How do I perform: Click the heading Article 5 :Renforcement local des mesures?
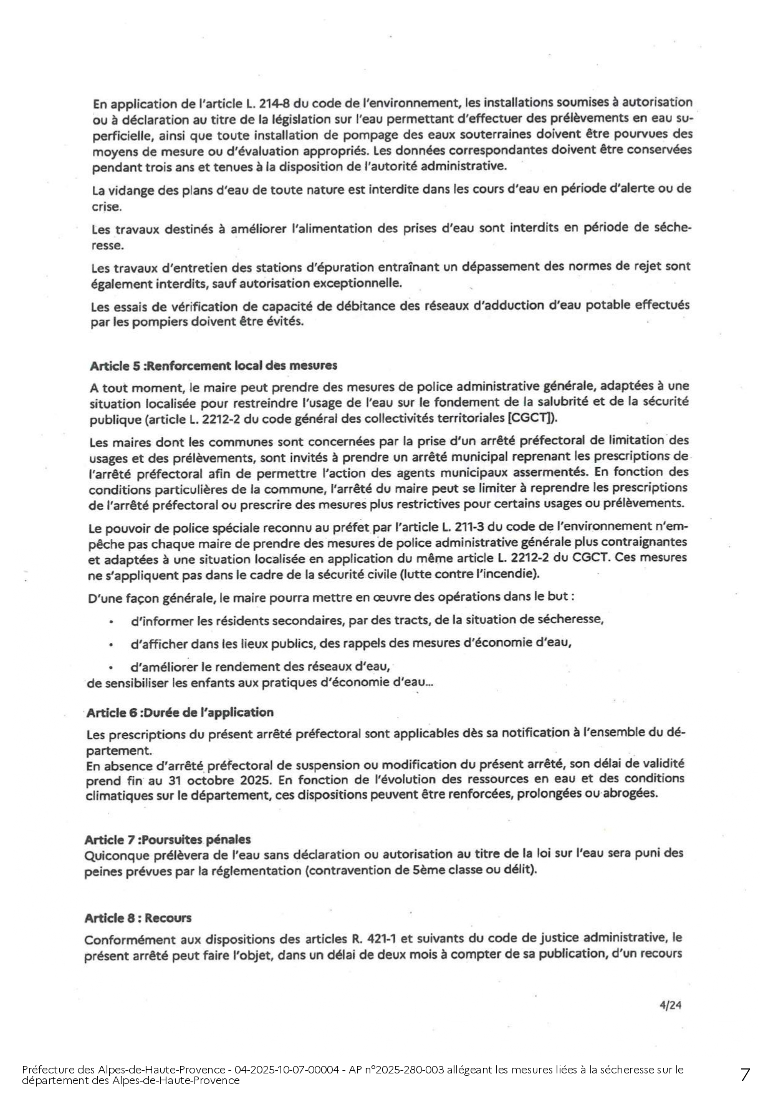click(x=213, y=365)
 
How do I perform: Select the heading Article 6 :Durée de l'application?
click(x=180, y=712)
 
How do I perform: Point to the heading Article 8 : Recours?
click(x=138, y=918)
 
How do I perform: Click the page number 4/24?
click(x=670, y=1005)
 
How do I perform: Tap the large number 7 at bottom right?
click(x=745, y=1075)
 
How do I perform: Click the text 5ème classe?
click(x=438, y=870)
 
